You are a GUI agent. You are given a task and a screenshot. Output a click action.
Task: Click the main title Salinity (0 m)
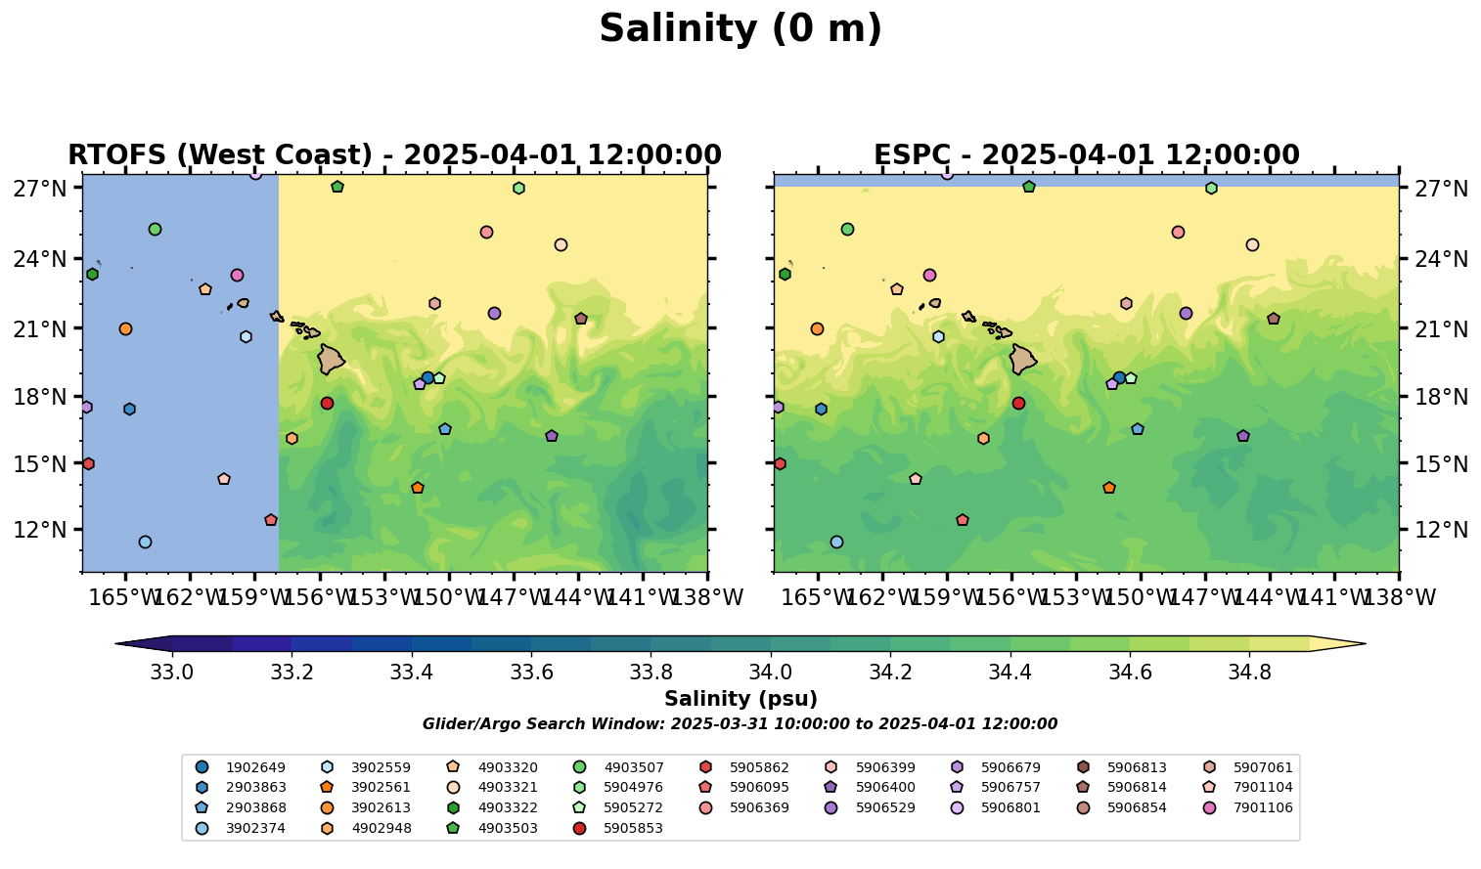(740, 29)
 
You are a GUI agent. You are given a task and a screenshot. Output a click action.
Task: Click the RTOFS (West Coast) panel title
(394, 155)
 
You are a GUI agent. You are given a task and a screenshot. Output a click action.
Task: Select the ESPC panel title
(1086, 155)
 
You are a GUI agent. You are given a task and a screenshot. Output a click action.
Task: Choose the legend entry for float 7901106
(1263, 807)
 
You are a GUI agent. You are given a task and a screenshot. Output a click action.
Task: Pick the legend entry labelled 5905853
(633, 828)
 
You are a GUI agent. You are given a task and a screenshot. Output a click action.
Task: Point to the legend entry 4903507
(633, 767)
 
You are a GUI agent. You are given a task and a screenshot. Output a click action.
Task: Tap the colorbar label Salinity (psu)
(740, 699)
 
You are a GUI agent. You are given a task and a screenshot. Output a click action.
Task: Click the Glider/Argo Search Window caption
(740, 724)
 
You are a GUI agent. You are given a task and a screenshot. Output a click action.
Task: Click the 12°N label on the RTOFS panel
(39, 530)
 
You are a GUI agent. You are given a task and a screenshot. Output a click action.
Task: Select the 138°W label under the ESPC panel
(1398, 597)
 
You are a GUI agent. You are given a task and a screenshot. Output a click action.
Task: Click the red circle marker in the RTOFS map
(327, 403)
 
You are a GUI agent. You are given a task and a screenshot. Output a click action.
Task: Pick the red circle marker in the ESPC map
(1018, 403)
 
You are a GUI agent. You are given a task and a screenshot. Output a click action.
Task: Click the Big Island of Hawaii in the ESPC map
(1022, 360)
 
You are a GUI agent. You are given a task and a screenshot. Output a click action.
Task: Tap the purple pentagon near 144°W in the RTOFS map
(552, 436)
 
